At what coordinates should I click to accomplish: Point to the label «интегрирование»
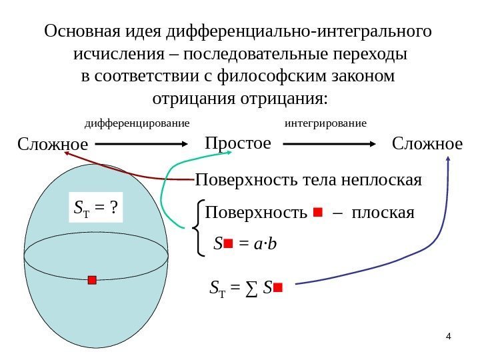[x=325, y=123]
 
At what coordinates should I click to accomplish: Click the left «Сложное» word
[x=52, y=144]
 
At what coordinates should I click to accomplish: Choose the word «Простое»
[x=238, y=143]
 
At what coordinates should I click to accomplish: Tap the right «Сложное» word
[x=427, y=144]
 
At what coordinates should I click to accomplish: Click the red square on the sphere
[x=92, y=280]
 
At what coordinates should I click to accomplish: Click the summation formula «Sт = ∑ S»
[x=246, y=288]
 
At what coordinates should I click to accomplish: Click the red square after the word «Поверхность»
[x=317, y=213]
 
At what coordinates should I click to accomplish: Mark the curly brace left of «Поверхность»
[x=198, y=229]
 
